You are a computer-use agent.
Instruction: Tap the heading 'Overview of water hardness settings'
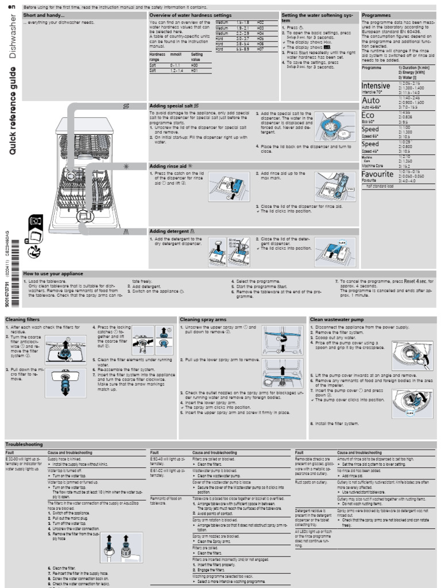click(x=190, y=15)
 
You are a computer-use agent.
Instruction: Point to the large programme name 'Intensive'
click(x=376, y=86)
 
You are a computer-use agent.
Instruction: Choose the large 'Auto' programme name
click(x=371, y=100)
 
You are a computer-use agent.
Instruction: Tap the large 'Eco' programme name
click(x=368, y=115)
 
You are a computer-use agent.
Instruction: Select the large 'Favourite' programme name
click(x=377, y=173)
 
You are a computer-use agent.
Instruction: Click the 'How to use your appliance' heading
click(x=53, y=273)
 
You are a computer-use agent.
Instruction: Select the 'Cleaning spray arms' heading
click(x=203, y=319)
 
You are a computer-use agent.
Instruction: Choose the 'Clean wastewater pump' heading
click(x=337, y=319)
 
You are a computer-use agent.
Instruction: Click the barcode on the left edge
click(x=14, y=247)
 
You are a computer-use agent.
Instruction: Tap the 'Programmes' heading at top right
click(x=376, y=15)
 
